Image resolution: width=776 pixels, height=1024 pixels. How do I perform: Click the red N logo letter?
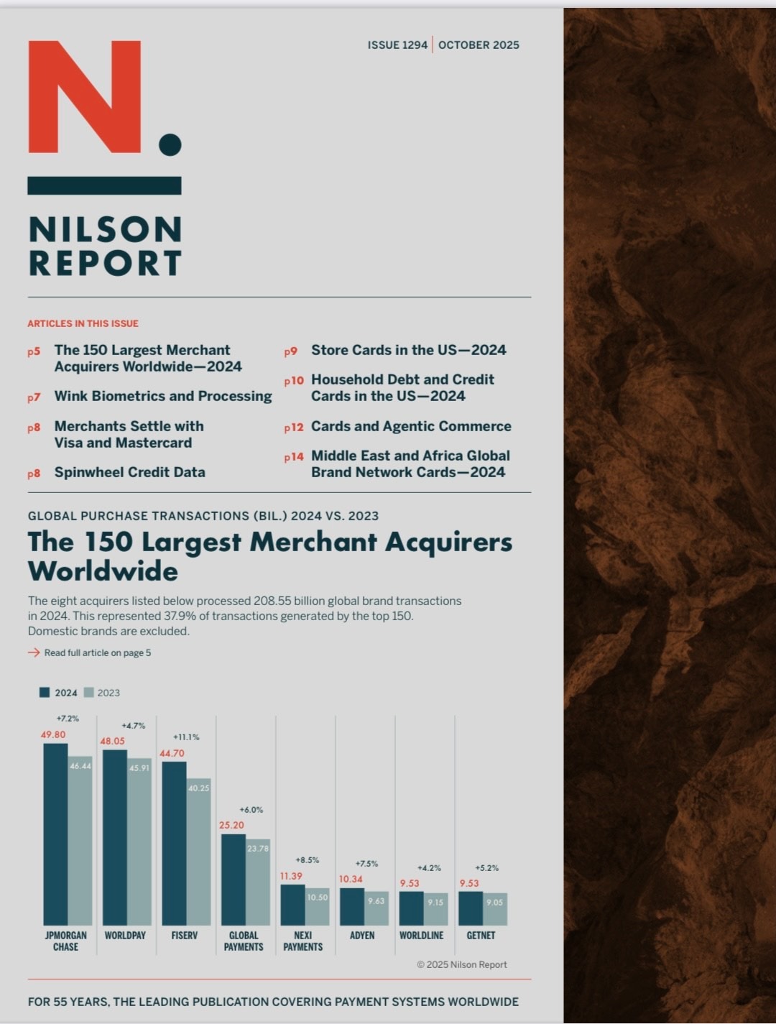point(84,96)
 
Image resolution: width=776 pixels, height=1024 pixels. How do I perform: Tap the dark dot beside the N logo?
point(170,144)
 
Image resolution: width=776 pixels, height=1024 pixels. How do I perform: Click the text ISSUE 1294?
point(397,45)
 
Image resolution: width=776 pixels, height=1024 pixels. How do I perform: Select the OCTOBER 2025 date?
point(479,45)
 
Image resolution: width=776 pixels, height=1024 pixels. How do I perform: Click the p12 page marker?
point(293,428)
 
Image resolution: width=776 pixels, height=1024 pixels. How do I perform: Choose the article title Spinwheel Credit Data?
point(129,472)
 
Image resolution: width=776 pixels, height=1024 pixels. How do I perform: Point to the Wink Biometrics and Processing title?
point(163,396)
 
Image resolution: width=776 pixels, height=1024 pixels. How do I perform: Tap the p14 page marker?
point(293,457)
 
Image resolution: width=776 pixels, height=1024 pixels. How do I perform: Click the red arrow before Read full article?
point(34,652)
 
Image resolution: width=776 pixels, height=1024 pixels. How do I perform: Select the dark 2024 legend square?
point(45,693)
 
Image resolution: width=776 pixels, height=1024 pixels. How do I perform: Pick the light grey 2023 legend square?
point(89,693)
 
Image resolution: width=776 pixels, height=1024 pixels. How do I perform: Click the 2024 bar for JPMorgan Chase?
point(55,834)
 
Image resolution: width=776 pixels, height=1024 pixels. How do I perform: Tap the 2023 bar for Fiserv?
point(199,852)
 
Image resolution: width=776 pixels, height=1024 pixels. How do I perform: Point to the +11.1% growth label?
point(186,737)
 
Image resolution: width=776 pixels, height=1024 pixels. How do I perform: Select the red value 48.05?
point(112,741)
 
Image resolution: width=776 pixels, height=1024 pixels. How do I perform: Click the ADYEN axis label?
point(362,936)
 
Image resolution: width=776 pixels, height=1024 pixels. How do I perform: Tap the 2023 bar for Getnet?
point(495,909)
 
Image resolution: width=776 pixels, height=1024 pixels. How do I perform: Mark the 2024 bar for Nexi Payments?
point(292,905)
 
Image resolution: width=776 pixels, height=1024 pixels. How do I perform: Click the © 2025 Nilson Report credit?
point(461,964)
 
